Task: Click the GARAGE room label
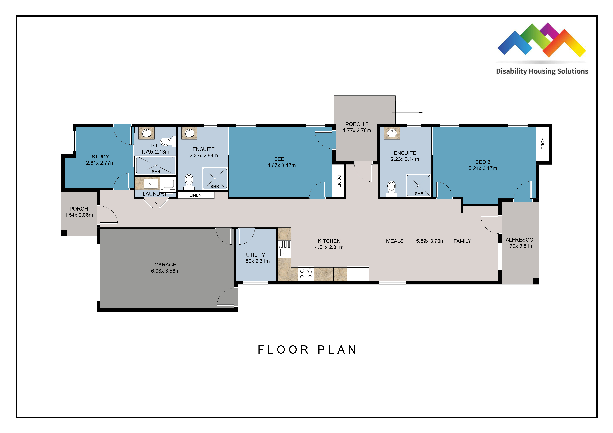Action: tap(165, 265)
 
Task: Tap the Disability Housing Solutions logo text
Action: tap(542, 71)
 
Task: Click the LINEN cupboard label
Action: tap(195, 195)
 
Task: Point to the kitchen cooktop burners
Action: tap(306, 273)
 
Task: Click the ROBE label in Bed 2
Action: tap(542, 144)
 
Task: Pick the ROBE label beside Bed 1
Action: tap(339, 181)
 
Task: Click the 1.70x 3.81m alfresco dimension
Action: tap(519, 246)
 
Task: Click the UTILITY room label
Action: tap(256, 255)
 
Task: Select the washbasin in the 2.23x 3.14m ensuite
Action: tap(392, 133)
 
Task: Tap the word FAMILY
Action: tap(462, 241)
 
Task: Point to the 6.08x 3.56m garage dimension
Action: tap(165, 271)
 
